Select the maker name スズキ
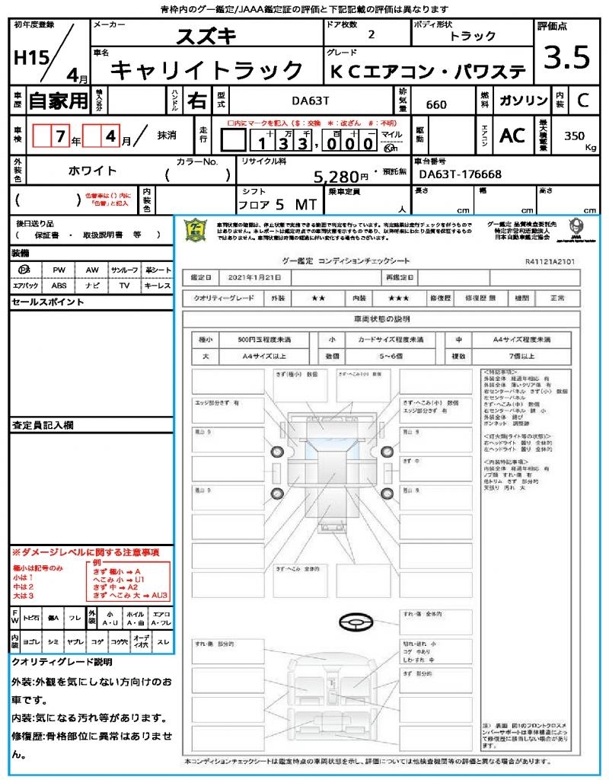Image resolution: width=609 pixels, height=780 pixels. (x=206, y=35)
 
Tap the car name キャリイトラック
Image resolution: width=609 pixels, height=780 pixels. (x=207, y=71)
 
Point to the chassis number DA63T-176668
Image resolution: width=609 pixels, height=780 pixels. (x=460, y=174)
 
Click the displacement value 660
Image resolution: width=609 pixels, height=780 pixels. (x=436, y=104)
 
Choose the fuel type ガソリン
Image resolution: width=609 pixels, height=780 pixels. (x=522, y=101)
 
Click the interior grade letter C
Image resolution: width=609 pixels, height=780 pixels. (x=582, y=101)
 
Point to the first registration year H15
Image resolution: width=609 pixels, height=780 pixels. (x=29, y=57)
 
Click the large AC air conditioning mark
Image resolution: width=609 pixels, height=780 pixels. (x=512, y=135)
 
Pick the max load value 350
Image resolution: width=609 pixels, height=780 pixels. (x=575, y=136)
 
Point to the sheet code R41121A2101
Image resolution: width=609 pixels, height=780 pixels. (x=550, y=261)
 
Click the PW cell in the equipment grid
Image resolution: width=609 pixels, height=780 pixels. (x=59, y=270)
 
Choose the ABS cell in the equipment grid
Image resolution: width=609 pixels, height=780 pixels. (x=59, y=286)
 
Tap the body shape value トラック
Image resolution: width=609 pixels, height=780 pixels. (x=473, y=36)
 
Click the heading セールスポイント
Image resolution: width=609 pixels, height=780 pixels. (x=48, y=302)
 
